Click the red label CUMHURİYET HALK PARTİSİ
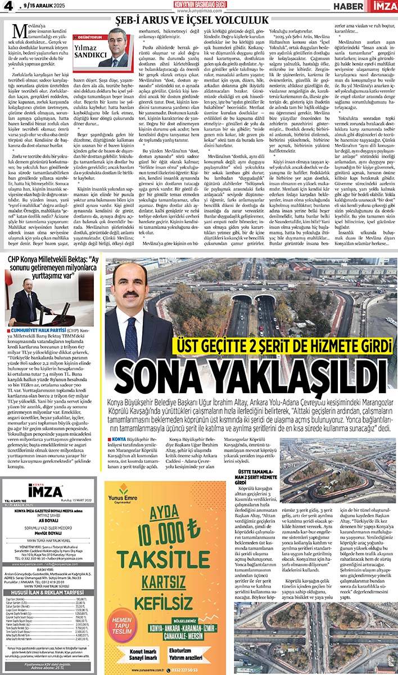tap(35, 330)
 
